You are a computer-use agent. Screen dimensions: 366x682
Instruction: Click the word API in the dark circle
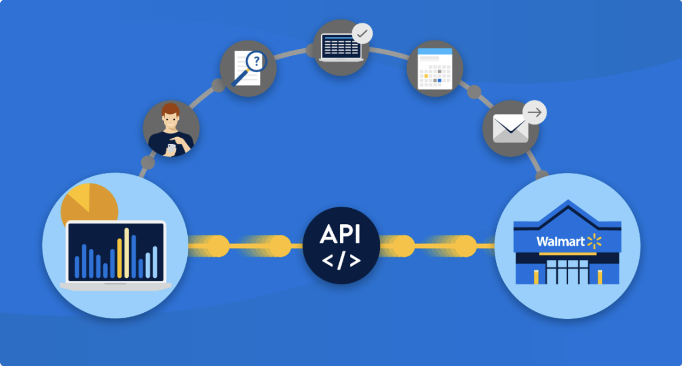340,234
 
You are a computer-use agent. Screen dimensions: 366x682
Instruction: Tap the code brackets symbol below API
340,260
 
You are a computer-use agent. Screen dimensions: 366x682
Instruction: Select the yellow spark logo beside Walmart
594,241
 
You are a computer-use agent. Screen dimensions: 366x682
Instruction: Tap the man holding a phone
171,130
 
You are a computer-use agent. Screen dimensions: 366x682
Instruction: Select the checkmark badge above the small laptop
362,33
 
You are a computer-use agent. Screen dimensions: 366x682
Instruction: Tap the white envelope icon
510,128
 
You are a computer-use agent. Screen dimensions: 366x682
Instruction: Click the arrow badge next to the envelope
535,112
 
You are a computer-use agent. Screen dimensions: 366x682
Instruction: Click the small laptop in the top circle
341,47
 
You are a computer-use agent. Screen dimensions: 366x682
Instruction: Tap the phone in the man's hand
171,148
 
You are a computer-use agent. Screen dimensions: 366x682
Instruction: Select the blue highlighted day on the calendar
439,80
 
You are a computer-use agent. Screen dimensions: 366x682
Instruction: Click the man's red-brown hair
170,110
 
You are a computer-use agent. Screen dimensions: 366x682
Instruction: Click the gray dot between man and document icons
218,85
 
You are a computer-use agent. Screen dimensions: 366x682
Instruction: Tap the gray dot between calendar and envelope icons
474,92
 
